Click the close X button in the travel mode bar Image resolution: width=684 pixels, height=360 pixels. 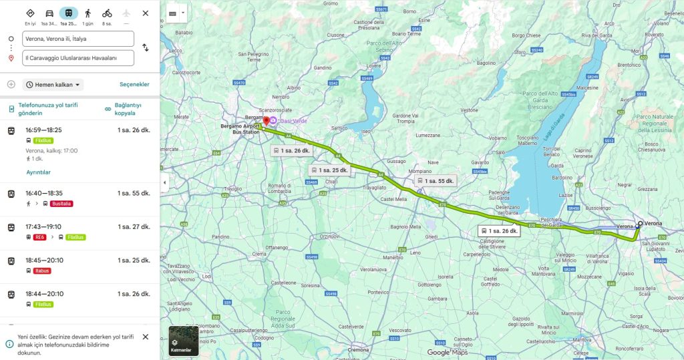pyautogui.click(x=146, y=13)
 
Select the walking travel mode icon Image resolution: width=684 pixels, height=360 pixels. pyautogui.click(x=88, y=13)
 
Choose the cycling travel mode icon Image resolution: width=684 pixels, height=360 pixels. pyautogui.click(x=107, y=13)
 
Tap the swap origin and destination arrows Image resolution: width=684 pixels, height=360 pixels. pyautogui.click(x=146, y=48)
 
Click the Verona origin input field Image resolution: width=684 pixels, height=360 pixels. pyautogui.click(x=78, y=39)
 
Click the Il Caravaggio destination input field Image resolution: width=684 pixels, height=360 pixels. pyautogui.click(x=78, y=58)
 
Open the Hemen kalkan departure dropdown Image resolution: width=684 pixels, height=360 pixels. pyautogui.click(x=54, y=85)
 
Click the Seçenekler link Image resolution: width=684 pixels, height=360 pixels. pyautogui.click(x=134, y=85)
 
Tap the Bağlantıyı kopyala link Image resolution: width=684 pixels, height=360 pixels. pyautogui.click(x=129, y=110)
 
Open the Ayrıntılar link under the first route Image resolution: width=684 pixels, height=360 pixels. pyautogui.click(x=38, y=172)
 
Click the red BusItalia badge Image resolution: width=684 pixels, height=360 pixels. pyautogui.click(x=61, y=204)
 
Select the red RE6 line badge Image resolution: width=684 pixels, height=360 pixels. pyautogui.click(x=40, y=237)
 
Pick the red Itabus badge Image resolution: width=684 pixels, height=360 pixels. pyautogui.click(x=42, y=271)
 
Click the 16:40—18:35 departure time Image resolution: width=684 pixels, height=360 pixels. pyautogui.click(x=43, y=193)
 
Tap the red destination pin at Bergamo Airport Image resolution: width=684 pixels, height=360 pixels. pyautogui.click(x=265, y=121)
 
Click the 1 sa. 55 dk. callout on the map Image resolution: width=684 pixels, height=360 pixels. pyautogui.click(x=435, y=181)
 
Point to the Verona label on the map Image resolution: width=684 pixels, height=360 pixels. pyautogui.click(x=653, y=223)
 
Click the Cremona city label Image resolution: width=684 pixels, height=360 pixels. pyautogui.click(x=358, y=350)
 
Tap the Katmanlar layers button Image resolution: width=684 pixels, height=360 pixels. pyautogui.click(x=183, y=341)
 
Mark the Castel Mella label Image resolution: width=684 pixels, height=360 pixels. pyautogui.click(x=393, y=199)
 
